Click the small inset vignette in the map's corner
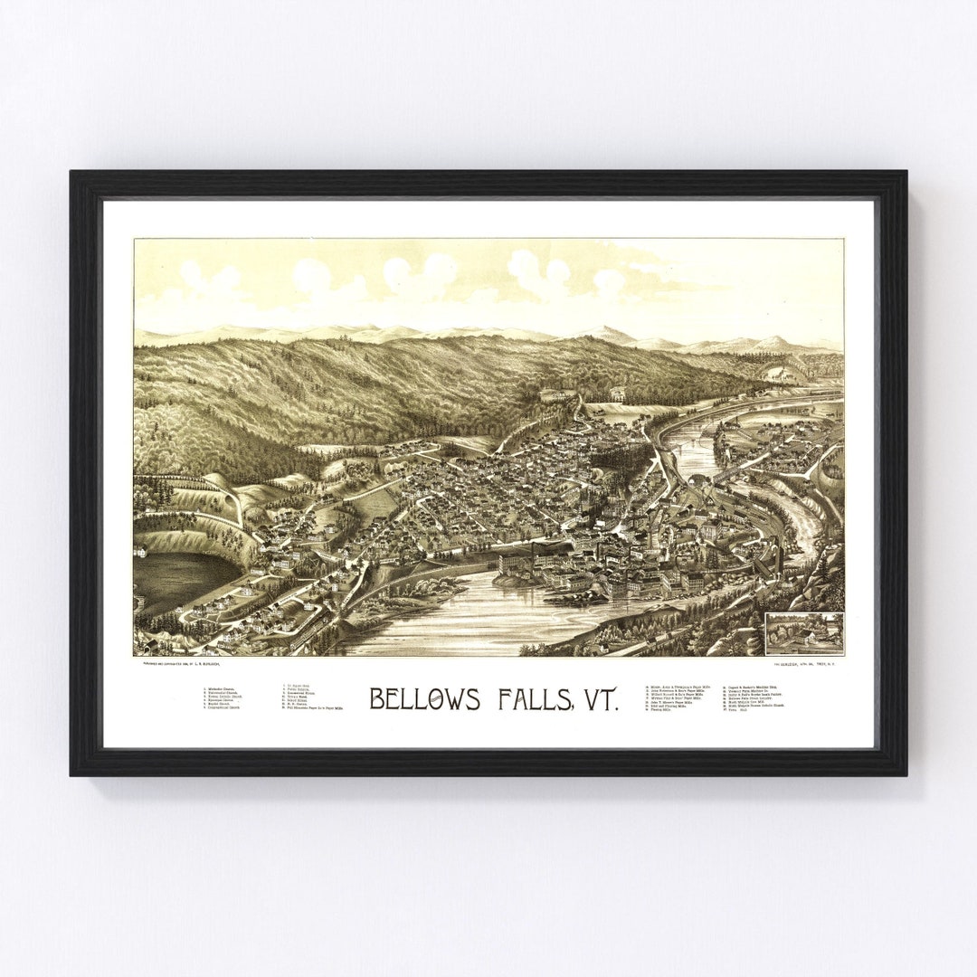pyautogui.click(x=803, y=632)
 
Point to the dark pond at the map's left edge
pyautogui.click(x=181, y=579)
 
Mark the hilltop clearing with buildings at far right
pyautogui.click(x=778, y=373)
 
